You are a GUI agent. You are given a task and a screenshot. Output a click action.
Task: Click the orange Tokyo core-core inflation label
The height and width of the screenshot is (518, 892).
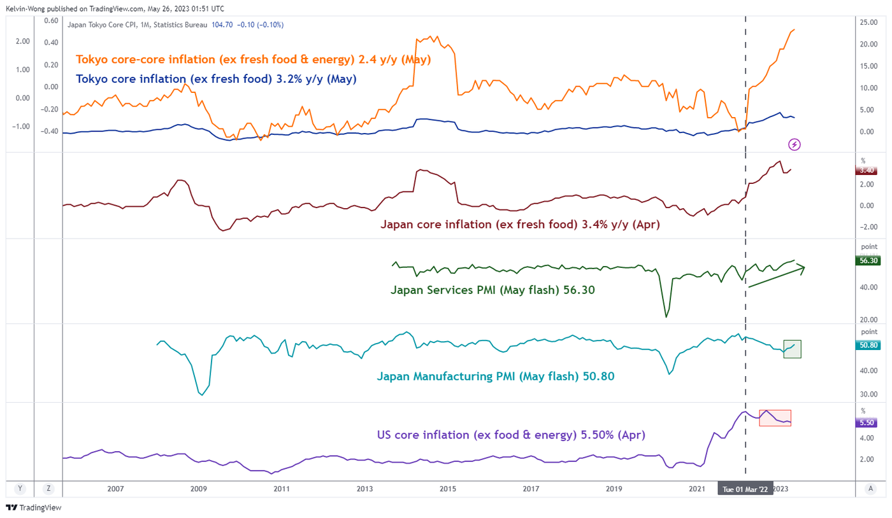(x=254, y=60)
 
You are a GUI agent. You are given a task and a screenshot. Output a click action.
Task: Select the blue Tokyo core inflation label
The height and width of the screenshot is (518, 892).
(x=216, y=80)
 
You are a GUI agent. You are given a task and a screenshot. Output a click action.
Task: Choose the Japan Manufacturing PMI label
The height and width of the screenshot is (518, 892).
(x=495, y=376)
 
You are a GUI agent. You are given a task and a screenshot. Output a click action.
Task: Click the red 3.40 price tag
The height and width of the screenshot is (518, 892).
(x=867, y=170)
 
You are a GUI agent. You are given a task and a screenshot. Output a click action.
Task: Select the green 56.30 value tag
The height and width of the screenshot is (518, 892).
(x=867, y=260)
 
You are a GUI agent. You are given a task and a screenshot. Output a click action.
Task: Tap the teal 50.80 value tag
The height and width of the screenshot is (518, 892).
(x=867, y=346)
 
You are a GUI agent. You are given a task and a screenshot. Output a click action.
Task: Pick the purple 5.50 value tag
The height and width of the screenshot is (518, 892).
(x=867, y=422)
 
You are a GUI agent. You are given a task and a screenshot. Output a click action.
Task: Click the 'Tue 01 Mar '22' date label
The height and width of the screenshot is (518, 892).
(x=745, y=489)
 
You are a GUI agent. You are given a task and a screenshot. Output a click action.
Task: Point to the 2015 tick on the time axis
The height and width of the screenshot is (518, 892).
(x=447, y=489)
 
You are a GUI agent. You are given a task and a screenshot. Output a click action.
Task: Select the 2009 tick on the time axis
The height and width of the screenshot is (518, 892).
(x=198, y=489)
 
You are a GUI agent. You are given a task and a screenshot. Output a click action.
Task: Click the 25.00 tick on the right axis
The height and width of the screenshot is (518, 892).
(x=868, y=23)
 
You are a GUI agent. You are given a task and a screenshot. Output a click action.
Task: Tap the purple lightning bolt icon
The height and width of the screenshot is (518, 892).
(x=795, y=144)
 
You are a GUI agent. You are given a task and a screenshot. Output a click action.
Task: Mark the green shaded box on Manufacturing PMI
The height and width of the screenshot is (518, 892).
(x=792, y=349)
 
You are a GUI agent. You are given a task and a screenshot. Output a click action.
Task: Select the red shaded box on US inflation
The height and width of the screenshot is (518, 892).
(x=775, y=417)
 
